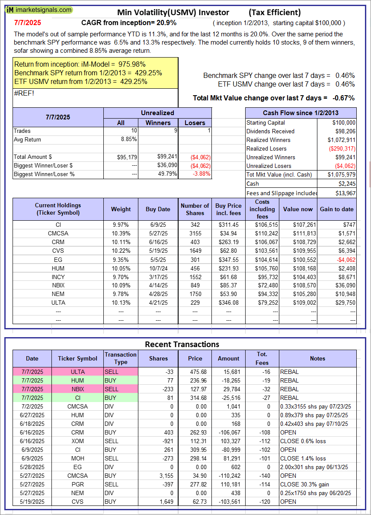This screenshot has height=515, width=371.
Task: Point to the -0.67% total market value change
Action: (344, 98)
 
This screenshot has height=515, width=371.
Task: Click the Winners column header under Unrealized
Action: (158, 122)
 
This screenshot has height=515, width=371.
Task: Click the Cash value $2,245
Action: (346, 183)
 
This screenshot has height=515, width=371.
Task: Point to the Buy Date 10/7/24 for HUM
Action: (158, 268)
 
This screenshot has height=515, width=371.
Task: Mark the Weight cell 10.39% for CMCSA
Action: (121, 234)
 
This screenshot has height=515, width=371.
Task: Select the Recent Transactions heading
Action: (182, 344)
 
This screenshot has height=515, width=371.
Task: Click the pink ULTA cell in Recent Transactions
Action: (77, 372)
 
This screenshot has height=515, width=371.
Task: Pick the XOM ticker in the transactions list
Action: (77, 441)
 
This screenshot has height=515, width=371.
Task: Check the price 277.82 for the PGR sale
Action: (195, 484)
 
